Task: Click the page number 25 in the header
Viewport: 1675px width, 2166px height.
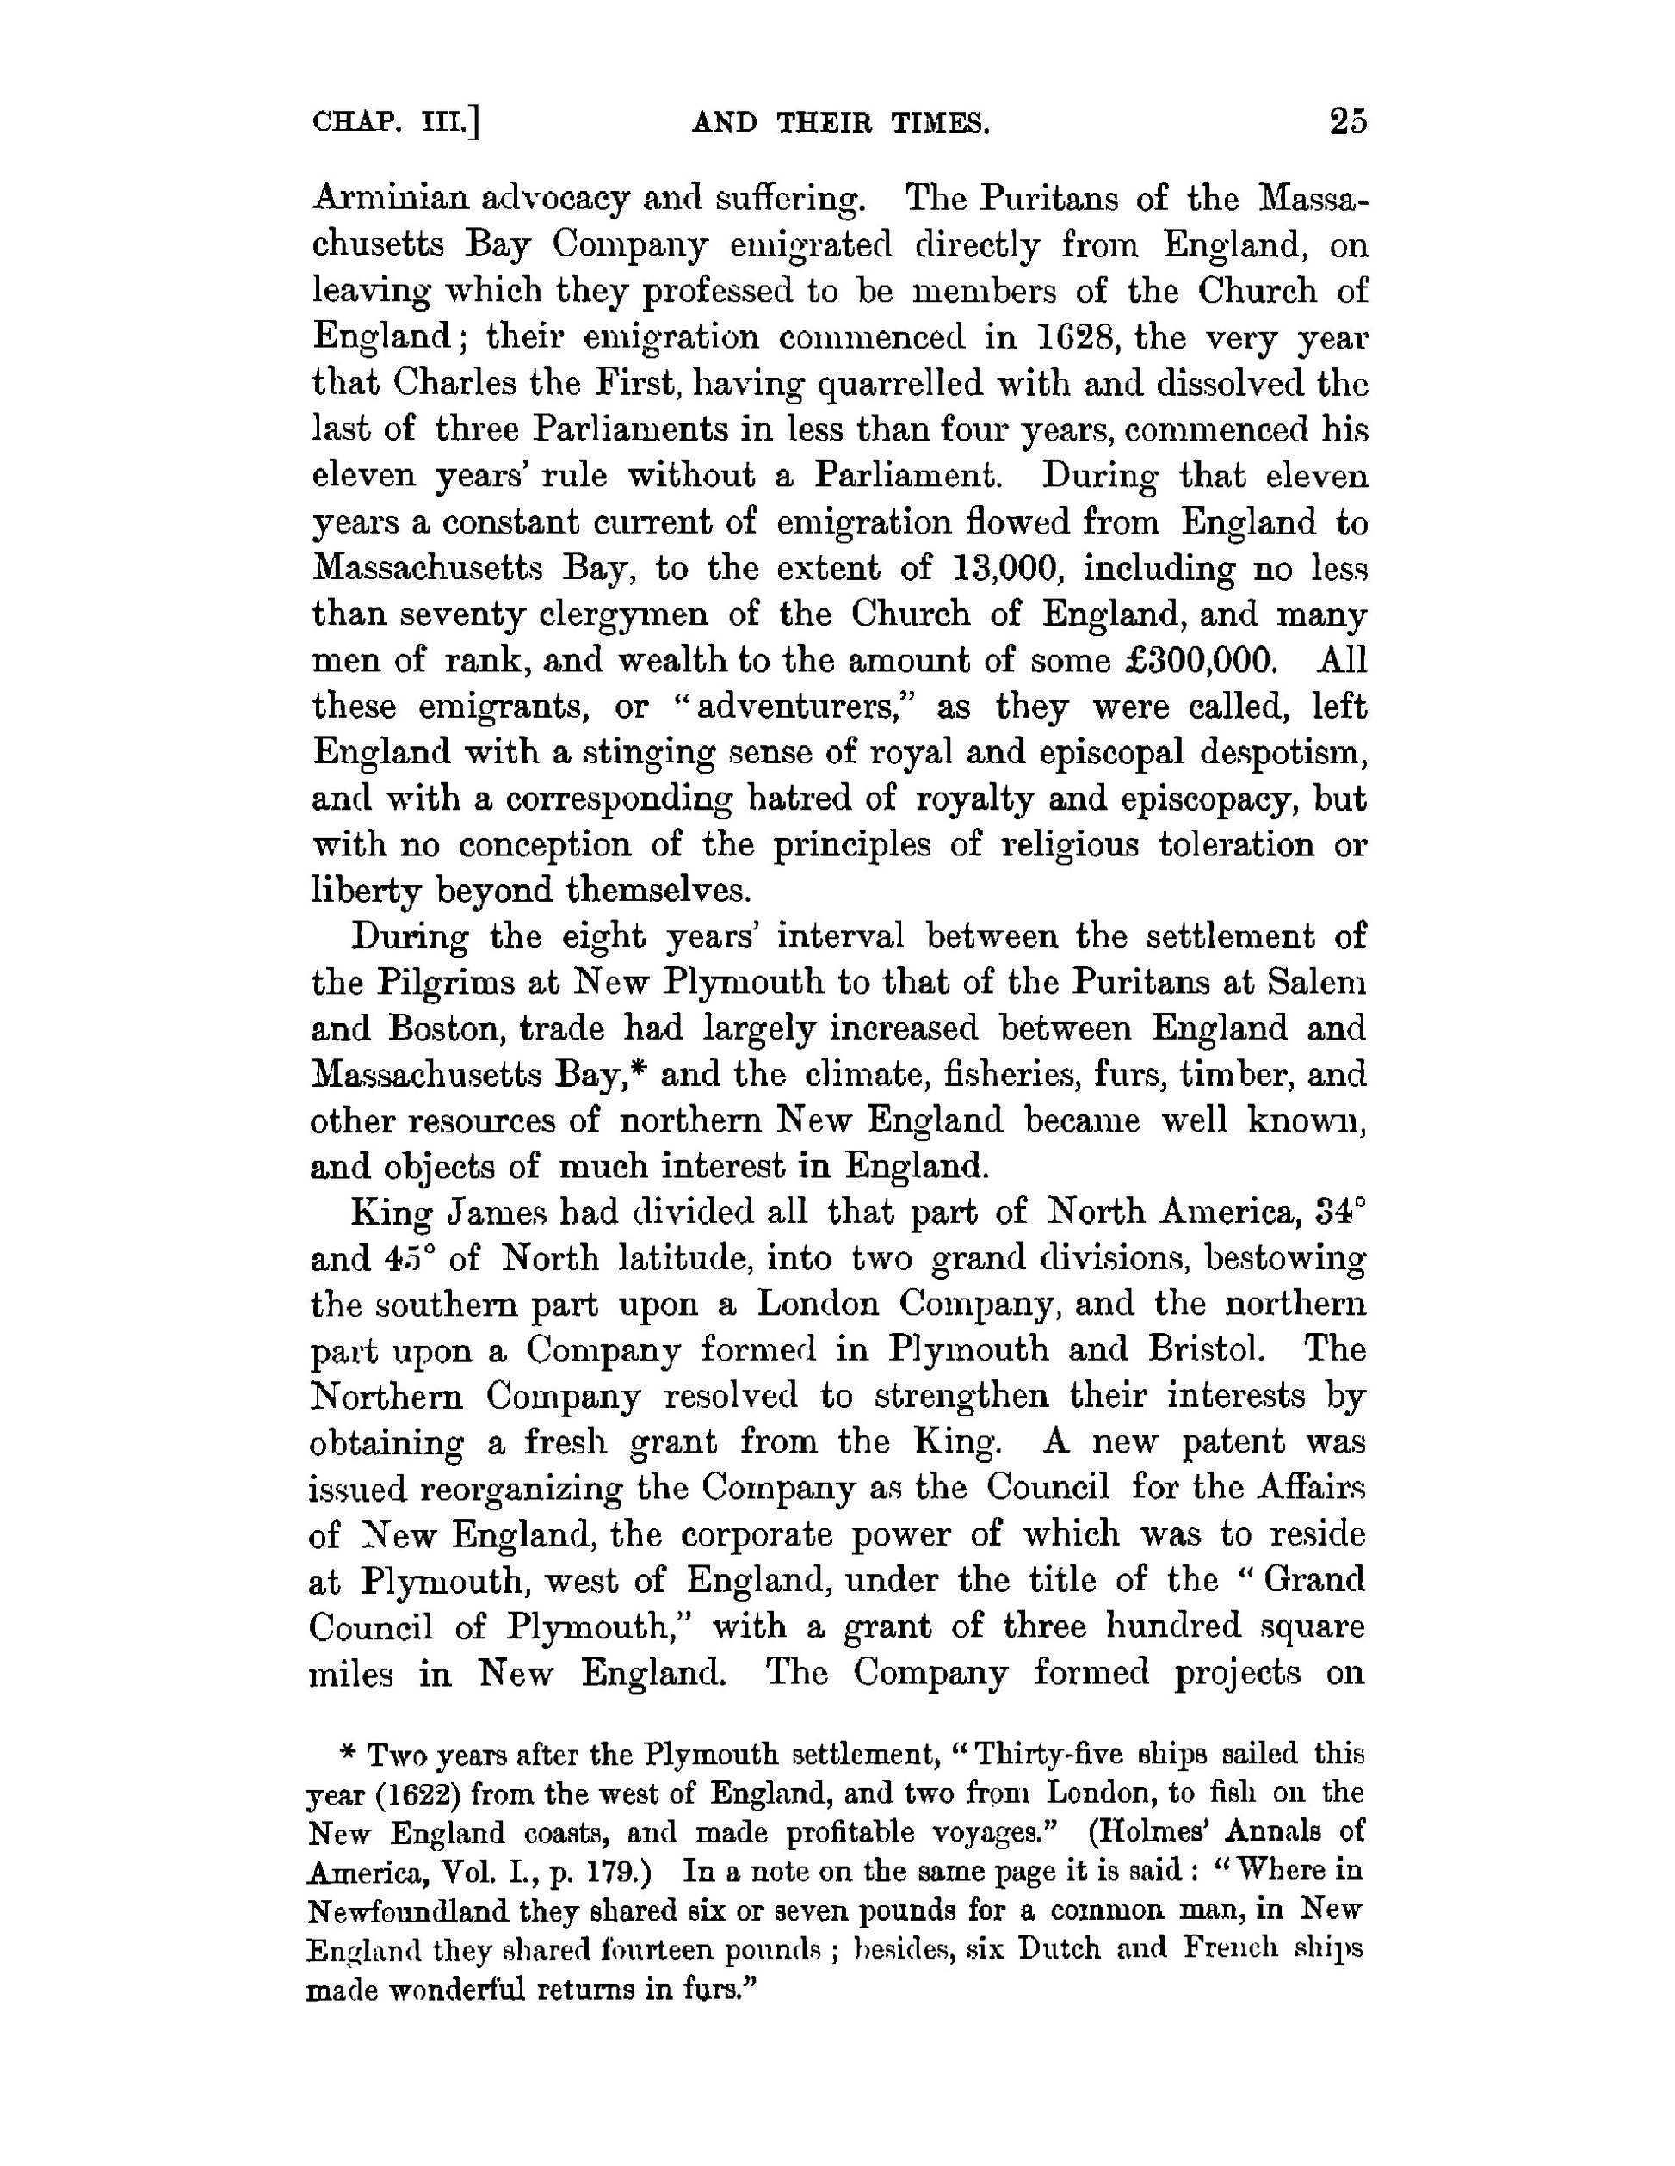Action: (1348, 121)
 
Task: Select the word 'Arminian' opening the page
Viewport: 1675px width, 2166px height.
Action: (391, 200)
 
